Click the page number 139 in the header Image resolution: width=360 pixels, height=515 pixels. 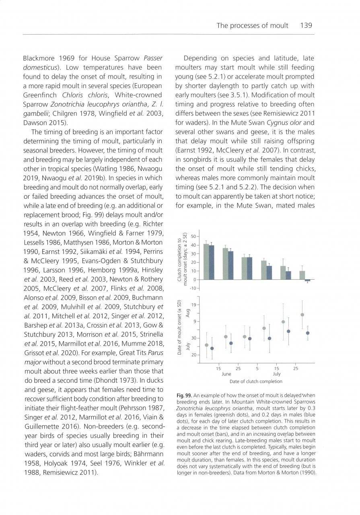click(x=306, y=25)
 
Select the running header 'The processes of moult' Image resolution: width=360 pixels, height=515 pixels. click(x=252, y=25)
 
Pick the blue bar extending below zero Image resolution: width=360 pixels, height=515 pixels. click(x=307, y=280)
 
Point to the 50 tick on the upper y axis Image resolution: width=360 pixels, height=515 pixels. click(x=193, y=236)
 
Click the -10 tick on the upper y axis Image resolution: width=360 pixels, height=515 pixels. click(x=192, y=288)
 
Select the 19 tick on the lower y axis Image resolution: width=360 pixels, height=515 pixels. click(x=193, y=305)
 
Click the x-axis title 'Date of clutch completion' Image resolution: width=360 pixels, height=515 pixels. click(x=256, y=381)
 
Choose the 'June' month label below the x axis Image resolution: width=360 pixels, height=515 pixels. click(x=226, y=374)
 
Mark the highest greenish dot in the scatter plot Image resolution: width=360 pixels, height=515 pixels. click(x=302, y=315)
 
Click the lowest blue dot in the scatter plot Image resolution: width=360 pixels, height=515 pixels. click(x=212, y=348)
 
